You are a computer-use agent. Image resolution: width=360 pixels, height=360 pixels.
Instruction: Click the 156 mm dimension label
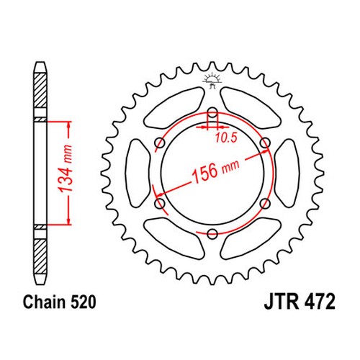coord(215,171)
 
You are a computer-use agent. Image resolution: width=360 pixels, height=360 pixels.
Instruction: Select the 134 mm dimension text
coord(66,168)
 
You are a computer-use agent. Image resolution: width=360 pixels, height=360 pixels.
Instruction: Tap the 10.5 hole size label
coord(226,138)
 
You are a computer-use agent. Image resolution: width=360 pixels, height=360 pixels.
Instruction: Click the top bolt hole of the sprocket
coord(212,112)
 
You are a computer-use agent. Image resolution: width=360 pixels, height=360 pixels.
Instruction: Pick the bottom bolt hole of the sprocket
coord(212,233)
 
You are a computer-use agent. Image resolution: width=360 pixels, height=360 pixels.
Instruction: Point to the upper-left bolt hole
coord(160,143)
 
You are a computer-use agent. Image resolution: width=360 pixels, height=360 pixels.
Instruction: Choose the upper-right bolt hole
coord(265,143)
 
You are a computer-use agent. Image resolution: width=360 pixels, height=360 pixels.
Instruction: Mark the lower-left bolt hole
coord(160,204)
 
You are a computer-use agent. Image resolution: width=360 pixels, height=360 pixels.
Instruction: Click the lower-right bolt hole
coord(265,204)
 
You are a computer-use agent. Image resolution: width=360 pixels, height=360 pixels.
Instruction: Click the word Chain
coord(44,302)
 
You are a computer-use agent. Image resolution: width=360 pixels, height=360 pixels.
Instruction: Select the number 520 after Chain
coord(83,302)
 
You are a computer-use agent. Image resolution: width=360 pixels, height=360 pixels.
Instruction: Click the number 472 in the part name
coord(320,302)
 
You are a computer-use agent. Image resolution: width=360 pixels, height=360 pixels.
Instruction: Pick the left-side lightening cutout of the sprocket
coord(138,173)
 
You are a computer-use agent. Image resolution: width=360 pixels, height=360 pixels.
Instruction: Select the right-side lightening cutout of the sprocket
coord(287,173)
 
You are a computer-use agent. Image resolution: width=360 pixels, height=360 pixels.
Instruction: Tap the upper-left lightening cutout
coord(175,108)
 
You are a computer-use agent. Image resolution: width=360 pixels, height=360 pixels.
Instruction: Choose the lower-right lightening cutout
coord(251,238)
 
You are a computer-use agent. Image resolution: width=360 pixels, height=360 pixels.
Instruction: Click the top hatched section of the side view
coord(40,90)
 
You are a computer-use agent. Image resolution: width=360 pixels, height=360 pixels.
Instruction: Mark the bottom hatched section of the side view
coord(40,256)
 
